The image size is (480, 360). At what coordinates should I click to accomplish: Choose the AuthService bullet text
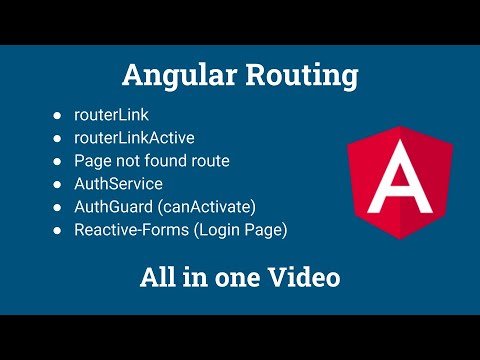[x=119, y=184]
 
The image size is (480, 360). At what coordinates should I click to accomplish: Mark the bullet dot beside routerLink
[x=58, y=116]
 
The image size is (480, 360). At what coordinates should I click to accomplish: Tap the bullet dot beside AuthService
[x=58, y=184]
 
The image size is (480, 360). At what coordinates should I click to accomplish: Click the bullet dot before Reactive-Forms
[x=58, y=229]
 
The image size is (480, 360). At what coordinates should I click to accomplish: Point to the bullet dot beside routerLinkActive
[x=58, y=138]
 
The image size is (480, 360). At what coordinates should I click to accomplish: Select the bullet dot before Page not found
[x=58, y=161]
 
